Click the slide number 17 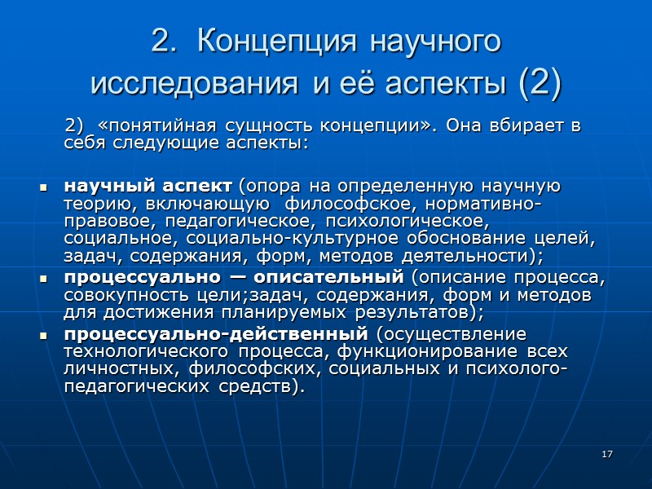607,453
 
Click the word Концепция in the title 271,42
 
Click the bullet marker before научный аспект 43,188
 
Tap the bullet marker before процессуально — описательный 43,278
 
